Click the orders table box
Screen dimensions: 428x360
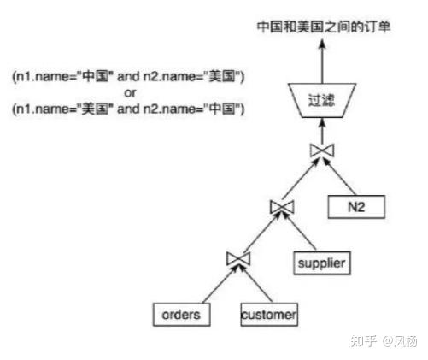[x=181, y=315]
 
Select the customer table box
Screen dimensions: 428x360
[x=269, y=315]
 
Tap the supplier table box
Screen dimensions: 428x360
[x=322, y=263]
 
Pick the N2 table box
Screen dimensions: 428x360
[x=356, y=207]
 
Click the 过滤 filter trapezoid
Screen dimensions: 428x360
[x=322, y=100]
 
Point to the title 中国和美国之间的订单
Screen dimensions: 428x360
[x=323, y=27]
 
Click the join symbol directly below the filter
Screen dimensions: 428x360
[x=322, y=150]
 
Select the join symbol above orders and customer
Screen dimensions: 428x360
[x=238, y=259]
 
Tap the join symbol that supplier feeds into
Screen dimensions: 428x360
[x=282, y=207]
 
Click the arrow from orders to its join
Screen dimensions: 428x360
[x=220, y=284]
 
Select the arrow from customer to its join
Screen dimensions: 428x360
[x=255, y=284]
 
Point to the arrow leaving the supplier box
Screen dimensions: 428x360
[x=299, y=232]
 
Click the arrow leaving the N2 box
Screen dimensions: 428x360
[x=340, y=177]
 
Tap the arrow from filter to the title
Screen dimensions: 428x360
[x=322, y=62]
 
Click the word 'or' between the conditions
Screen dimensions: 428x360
[x=130, y=93]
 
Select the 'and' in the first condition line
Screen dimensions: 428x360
[x=128, y=76]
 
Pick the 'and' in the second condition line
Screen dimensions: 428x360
[x=128, y=109]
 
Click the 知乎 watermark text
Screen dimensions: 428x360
[x=364, y=341]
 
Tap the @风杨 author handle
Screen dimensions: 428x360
[x=400, y=341]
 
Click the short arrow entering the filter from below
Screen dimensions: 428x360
[x=322, y=131]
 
